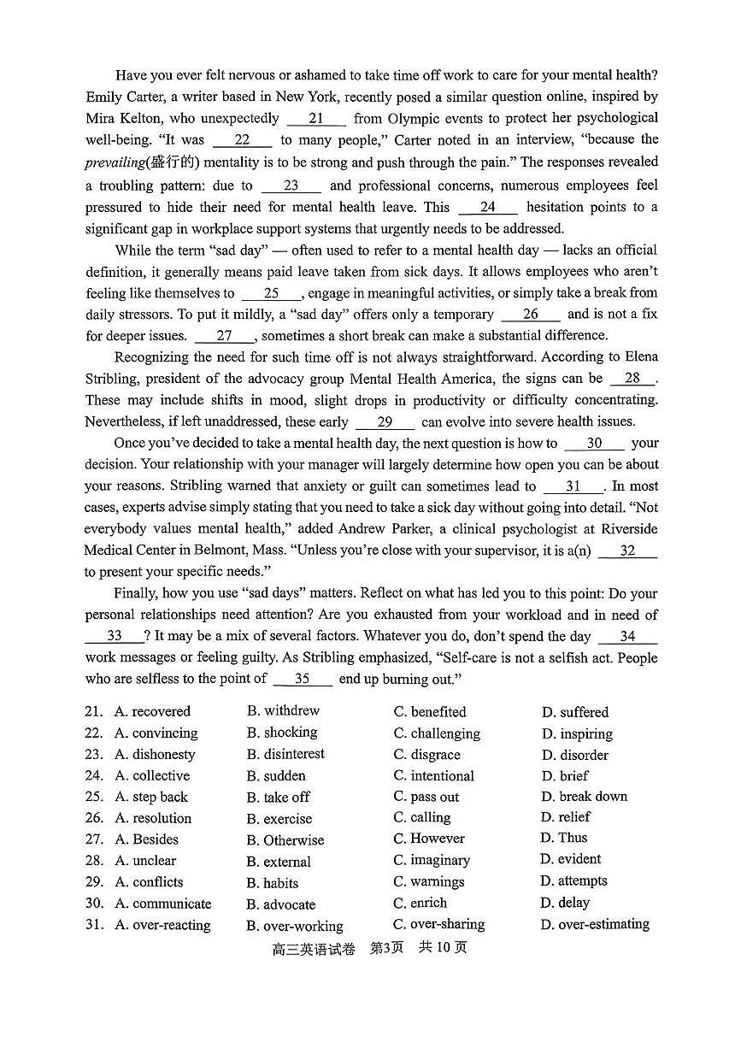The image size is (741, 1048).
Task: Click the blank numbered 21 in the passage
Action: coord(316,119)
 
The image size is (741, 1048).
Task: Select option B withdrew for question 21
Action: coord(283,711)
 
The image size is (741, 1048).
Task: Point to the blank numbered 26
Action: coord(531,315)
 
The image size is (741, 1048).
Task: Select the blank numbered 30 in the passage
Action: coord(594,444)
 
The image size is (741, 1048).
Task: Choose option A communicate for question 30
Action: coord(162,904)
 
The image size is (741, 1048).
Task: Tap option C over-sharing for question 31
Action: coord(438,924)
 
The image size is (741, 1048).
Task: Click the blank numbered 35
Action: coord(302,679)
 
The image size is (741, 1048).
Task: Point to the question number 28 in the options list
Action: coord(94,861)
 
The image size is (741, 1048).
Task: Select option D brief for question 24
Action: coord(565,776)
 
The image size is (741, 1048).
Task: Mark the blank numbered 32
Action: coord(627,551)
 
